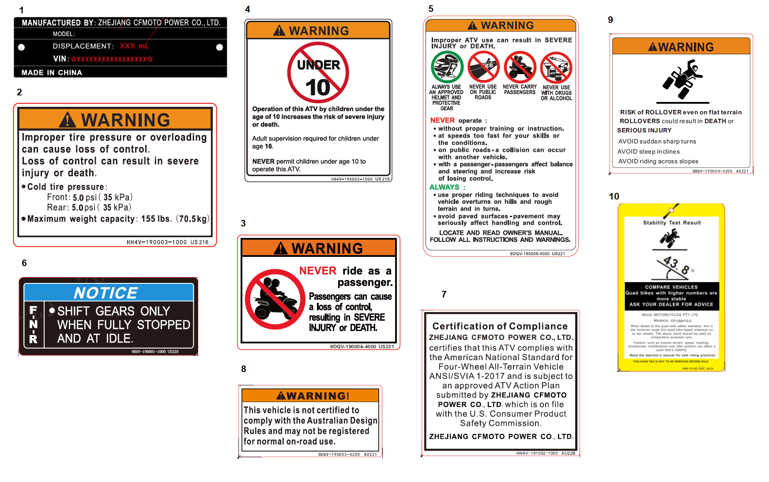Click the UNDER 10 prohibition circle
click(318, 73)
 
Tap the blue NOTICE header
click(108, 293)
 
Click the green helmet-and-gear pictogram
click(447, 68)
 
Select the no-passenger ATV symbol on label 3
click(275, 299)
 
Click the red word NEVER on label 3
click(317, 271)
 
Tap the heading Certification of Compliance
click(500, 326)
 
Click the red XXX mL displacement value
click(134, 46)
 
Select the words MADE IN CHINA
click(52, 72)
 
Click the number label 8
click(244, 369)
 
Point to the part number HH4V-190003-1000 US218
click(167, 242)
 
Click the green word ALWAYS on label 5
click(445, 187)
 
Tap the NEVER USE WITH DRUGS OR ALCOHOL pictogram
click(556, 68)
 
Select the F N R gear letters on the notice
click(34, 324)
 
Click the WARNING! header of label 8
click(312, 395)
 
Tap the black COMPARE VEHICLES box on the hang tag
click(671, 296)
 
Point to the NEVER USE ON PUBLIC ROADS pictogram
click(483, 67)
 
